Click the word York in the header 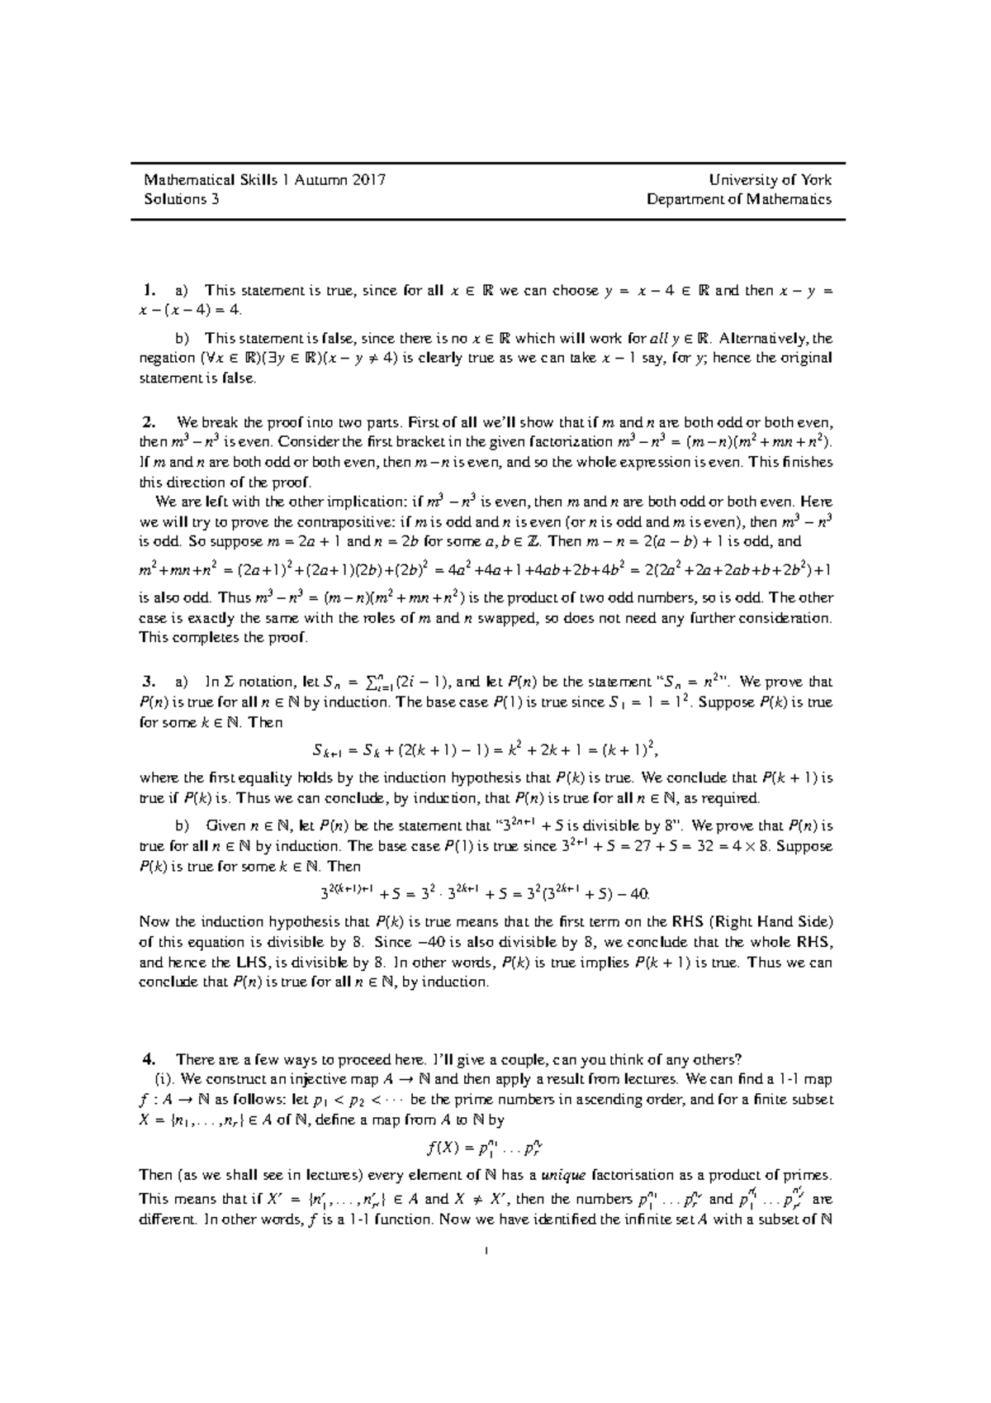click(816, 179)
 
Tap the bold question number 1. click(148, 290)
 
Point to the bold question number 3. click(148, 682)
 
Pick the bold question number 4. click(148, 1060)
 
